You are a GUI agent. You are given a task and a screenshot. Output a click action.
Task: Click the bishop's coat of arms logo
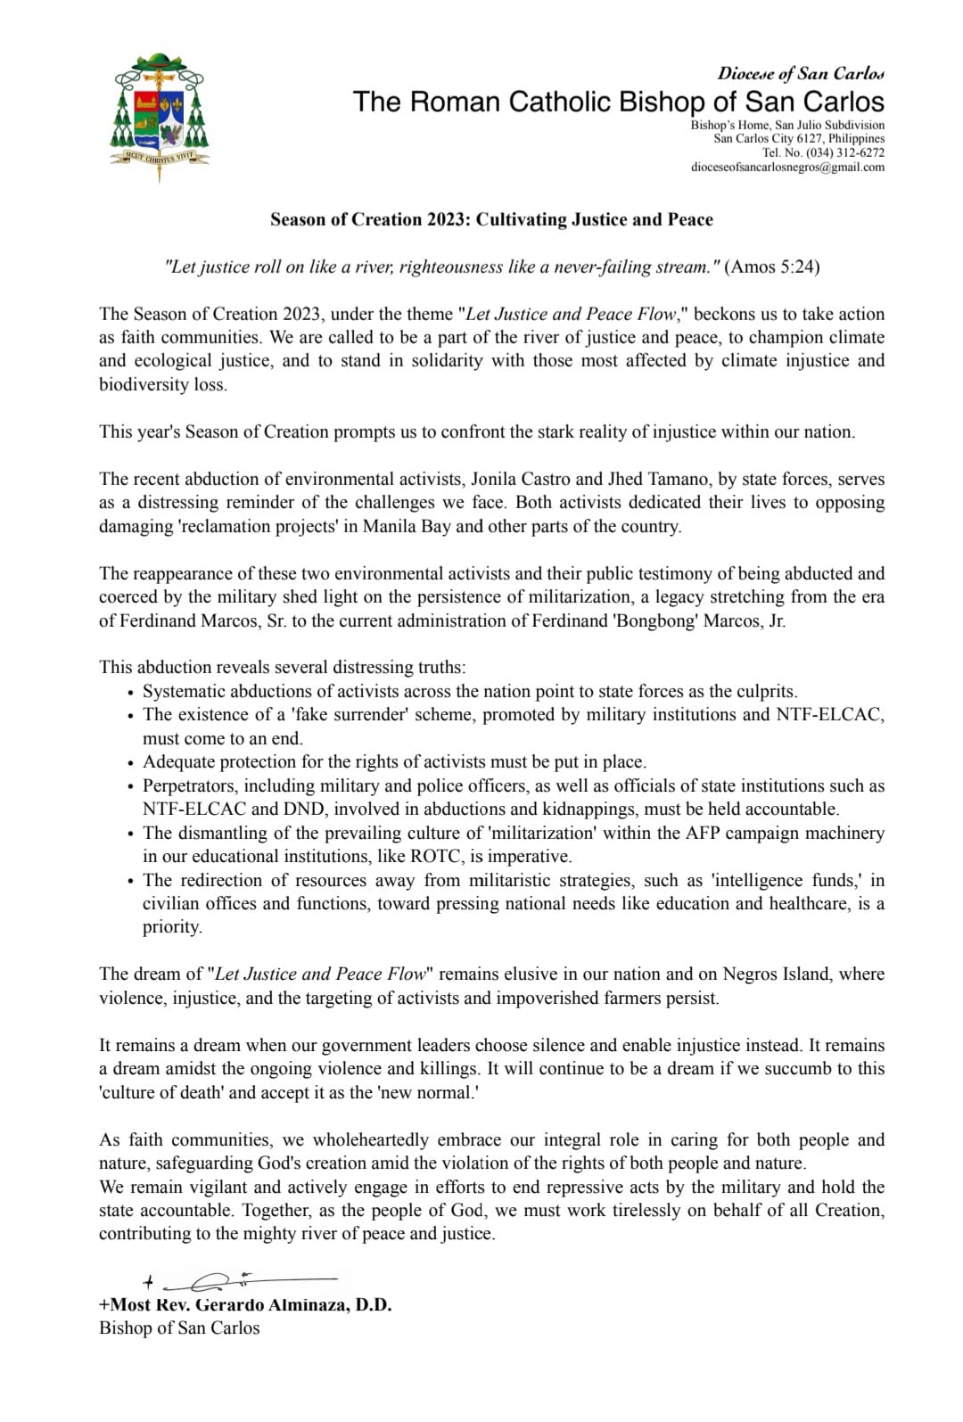point(160,115)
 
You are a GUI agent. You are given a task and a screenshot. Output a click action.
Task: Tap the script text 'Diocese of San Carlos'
point(801,73)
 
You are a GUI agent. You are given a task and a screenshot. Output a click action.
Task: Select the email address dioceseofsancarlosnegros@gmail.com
point(787,167)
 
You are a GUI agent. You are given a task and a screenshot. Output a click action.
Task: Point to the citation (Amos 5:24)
point(772,267)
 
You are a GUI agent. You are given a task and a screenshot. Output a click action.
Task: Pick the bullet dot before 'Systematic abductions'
point(131,693)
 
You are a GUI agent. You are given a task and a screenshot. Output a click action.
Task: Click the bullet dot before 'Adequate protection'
point(131,763)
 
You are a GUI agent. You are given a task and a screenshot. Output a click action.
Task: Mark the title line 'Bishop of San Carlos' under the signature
point(179,1328)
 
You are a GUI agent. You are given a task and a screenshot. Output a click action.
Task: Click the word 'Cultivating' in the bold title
point(526,219)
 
